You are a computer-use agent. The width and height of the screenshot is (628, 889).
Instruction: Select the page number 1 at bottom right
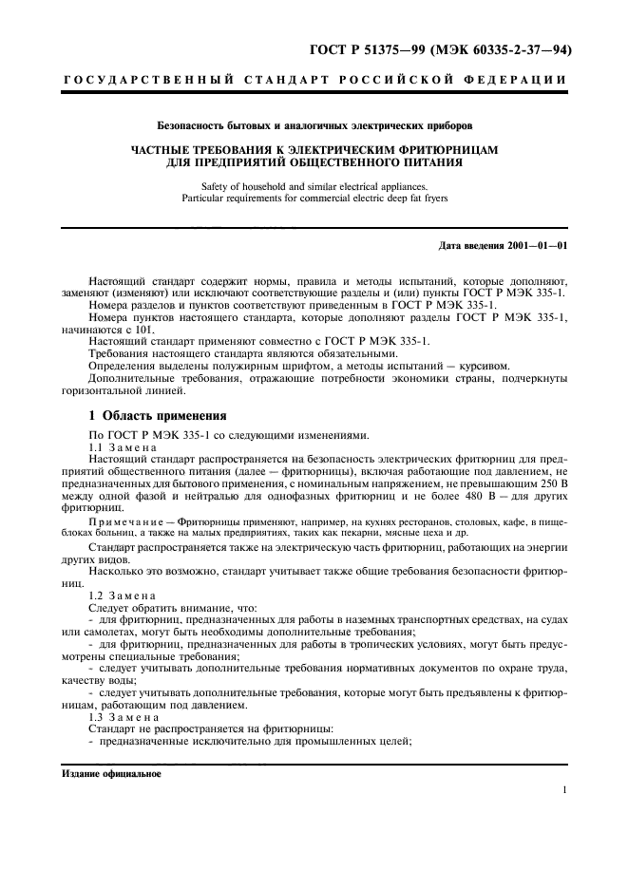563,790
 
